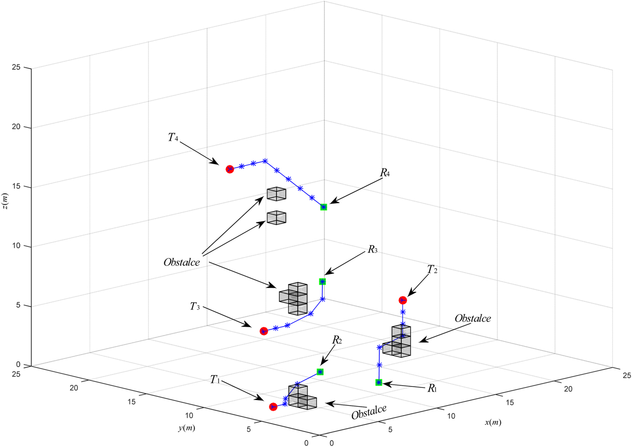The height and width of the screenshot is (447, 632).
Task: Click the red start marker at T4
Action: tap(230, 169)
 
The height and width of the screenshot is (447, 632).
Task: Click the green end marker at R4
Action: tap(324, 207)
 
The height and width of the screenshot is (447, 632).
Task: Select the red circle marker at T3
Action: tap(264, 331)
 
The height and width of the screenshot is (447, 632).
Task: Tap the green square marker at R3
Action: tap(322, 281)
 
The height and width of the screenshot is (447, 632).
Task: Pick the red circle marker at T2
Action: tap(403, 300)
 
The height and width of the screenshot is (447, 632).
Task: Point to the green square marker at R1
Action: tap(379, 382)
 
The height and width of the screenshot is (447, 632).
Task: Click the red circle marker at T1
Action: tap(273, 407)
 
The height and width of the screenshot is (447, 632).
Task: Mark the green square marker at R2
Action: tap(320, 372)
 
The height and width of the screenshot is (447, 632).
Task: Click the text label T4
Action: tap(173, 138)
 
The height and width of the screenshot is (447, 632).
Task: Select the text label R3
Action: tap(372, 249)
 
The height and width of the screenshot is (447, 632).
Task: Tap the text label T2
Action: tap(432, 270)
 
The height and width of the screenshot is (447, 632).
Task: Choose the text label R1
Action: tap(432, 388)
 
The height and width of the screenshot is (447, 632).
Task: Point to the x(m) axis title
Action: tap(493, 423)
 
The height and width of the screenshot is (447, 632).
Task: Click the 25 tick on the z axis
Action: tap(16, 68)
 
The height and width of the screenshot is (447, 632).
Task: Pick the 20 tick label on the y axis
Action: tap(74, 388)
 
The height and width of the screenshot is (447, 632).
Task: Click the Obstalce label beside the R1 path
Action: tap(473, 318)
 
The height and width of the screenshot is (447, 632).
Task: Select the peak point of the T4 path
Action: tap(265, 161)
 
